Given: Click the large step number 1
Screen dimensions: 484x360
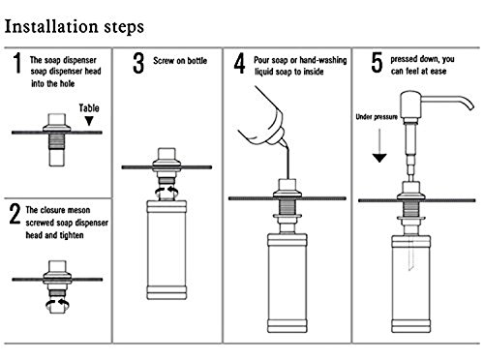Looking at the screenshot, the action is click(x=17, y=64).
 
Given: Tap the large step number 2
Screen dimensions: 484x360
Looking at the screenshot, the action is click(x=15, y=214).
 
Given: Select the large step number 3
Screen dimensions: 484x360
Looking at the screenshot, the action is click(x=138, y=64).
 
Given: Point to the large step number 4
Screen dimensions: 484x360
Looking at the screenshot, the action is click(x=240, y=64).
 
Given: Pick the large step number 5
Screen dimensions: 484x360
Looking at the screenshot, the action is click(x=377, y=63).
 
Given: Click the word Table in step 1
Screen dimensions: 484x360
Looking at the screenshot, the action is click(x=89, y=108).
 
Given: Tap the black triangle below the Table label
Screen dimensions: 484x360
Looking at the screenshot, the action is click(x=89, y=121).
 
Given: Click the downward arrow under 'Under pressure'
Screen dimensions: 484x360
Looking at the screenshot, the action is click(x=379, y=145).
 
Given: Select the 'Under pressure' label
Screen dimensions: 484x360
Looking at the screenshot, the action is click(x=377, y=117).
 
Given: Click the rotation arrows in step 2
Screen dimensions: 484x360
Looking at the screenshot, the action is click(x=58, y=304).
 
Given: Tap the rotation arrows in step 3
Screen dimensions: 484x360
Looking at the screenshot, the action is click(x=166, y=191).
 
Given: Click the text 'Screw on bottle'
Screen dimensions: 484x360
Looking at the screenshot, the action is click(x=180, y=61).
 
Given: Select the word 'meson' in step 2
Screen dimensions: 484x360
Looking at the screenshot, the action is click(x=76, y=210).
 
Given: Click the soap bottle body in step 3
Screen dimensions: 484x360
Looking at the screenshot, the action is click(x=166, y=250).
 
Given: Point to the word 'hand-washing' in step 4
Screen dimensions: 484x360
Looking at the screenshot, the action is click(x=323, y=60).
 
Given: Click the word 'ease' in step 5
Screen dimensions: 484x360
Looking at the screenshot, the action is click(x=439, y=72).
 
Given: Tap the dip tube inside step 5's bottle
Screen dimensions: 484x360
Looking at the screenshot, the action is click(x=411, y=254).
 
